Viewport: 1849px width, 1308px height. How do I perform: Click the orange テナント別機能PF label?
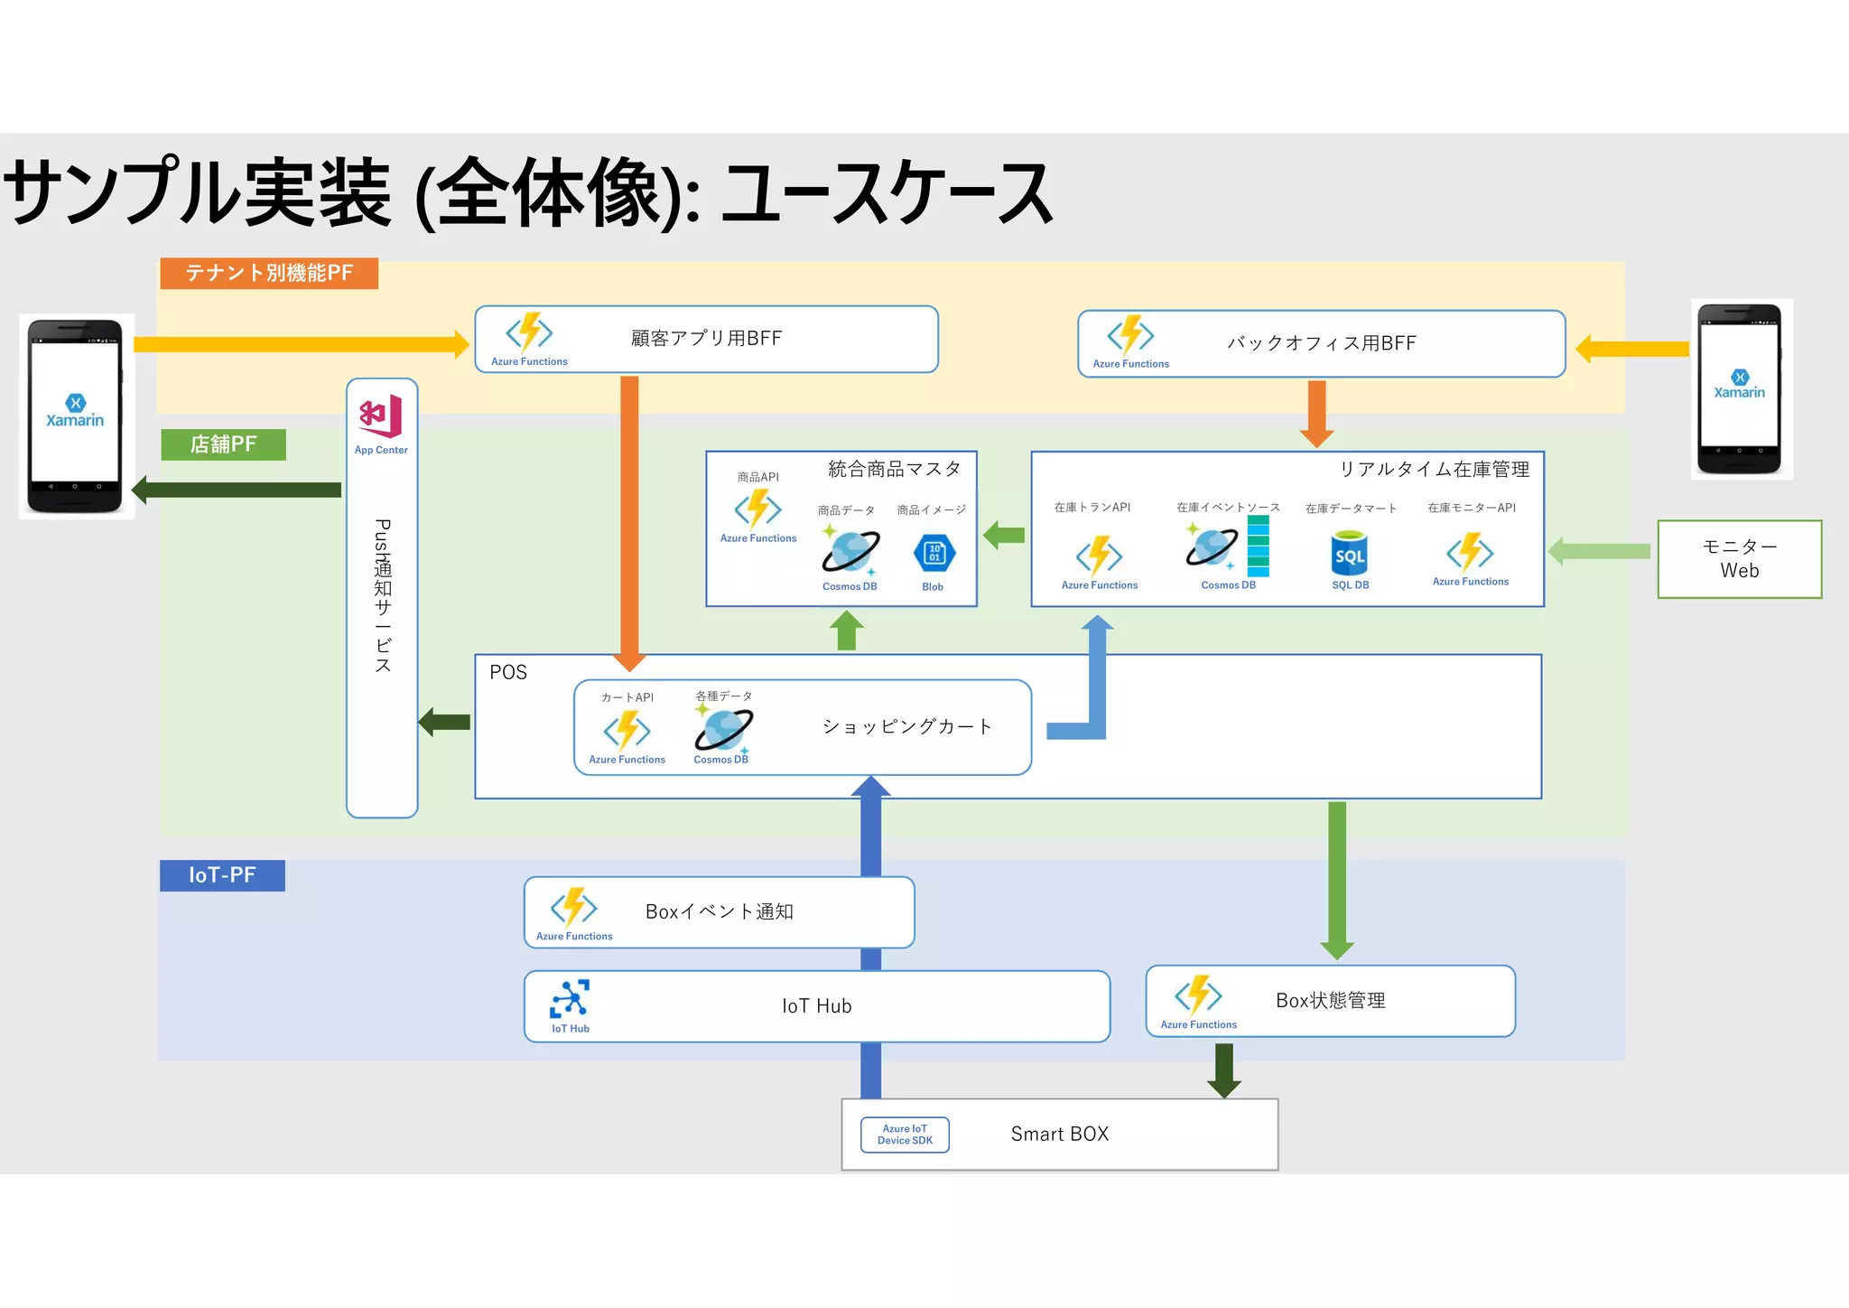pyautogui.click(x=269, y=273)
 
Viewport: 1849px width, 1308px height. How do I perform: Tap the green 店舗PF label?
pyautogui.click(x=223, y=444)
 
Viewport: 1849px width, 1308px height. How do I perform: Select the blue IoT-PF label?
pyautogui.click(x=222, y=875)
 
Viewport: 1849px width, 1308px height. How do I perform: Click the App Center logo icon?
pyautogui.click(x=381, y=416)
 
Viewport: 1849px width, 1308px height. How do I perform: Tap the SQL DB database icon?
pyautogui.click(x=1350, y=554)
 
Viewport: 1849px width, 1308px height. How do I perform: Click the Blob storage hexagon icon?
pyautogui.click(x=934, y=553)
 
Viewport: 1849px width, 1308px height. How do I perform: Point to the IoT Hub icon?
pyautogui.click(x=570, y=999)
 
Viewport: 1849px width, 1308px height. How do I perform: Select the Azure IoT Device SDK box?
pyautogui.click(x=905, y=1135)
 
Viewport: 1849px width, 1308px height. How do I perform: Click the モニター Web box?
pyautogui.click(x=1739, y=559)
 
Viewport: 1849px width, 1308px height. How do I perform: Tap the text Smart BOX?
pyautogui.click(x=1059, y=1135)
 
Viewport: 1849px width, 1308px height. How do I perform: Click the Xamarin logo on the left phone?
pyautogui.click(x=75, y=411)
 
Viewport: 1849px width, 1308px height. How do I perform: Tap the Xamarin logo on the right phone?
pyautogui.click(x=1739, y=384)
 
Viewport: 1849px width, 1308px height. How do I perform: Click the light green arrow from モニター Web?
pyautogui.click(x=1599, y=551)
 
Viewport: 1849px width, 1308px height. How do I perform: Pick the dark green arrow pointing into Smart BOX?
pyautogui.click(x=1224, y=1070)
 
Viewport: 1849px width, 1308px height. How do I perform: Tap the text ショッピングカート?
pyautogui.click(x=907, y=727)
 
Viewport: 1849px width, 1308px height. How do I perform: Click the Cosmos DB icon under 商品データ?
pyautogui.click(x=850, y=550)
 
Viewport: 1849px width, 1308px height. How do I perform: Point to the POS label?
pyautogui.click(x=508, y=673)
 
